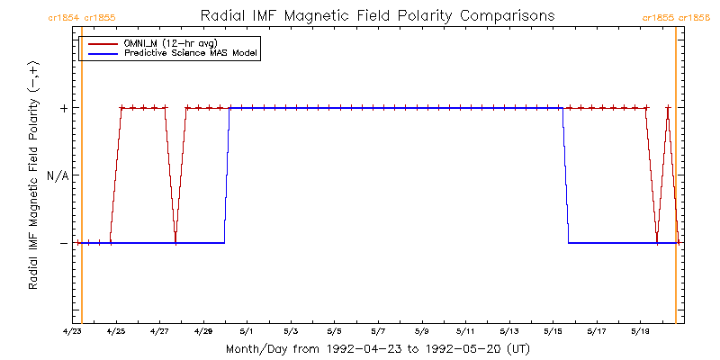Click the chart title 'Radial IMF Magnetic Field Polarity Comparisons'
378,16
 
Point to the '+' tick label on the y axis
64,108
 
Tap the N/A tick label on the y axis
58,175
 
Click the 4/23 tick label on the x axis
72,331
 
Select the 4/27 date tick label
159,331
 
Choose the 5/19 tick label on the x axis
641,331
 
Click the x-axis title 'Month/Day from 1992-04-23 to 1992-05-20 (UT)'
377,348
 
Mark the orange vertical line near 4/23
82,180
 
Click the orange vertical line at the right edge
676,180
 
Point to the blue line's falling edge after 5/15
566,175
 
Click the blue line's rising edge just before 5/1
227,175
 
